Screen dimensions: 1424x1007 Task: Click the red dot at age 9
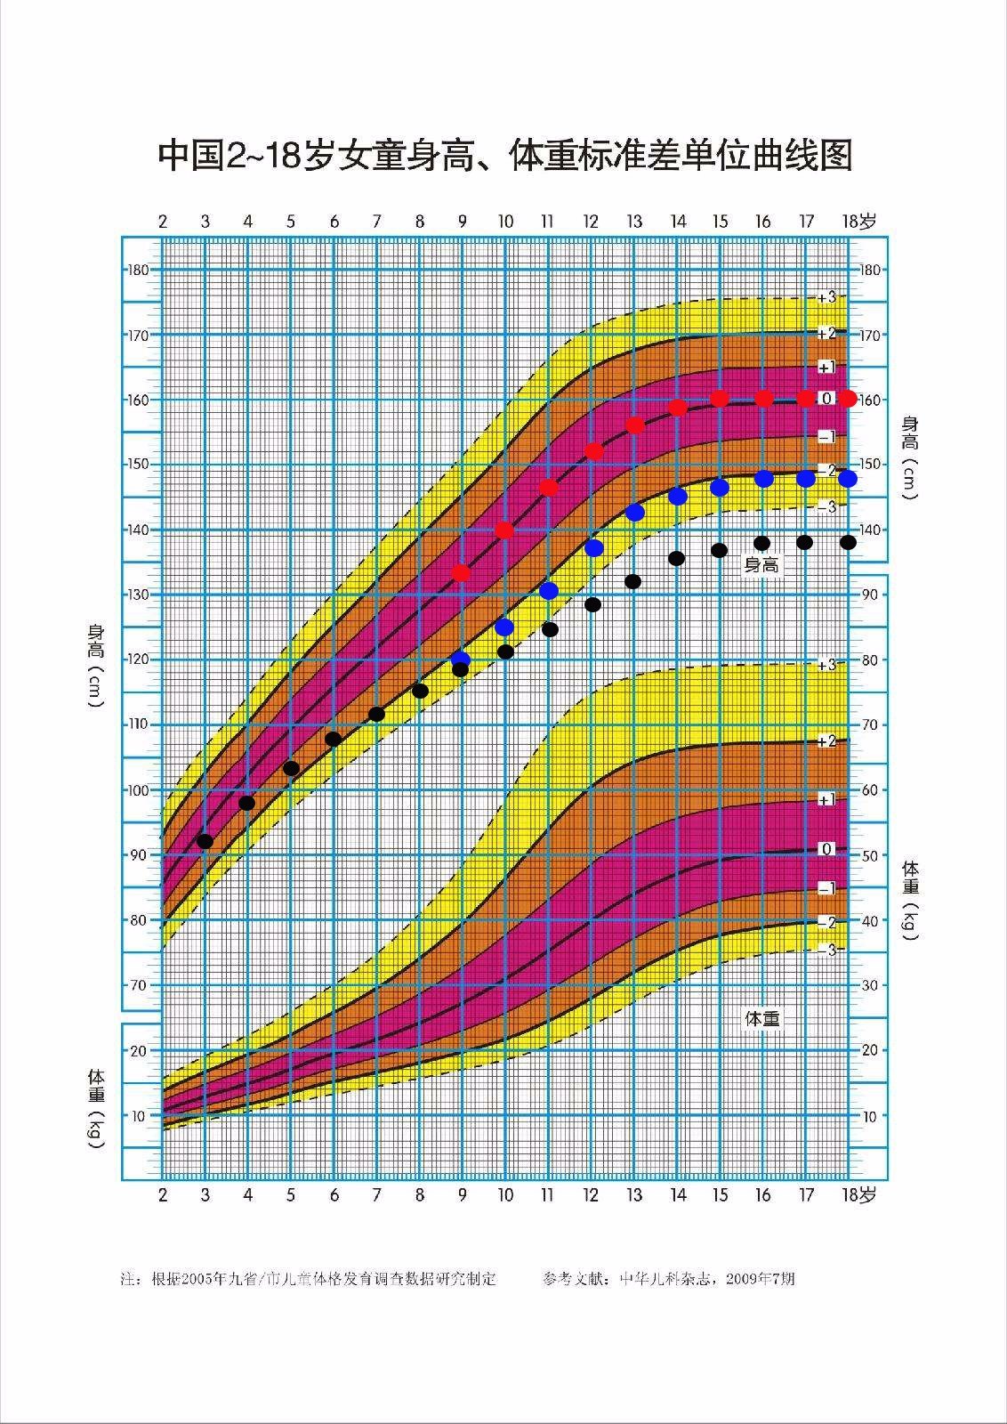461,573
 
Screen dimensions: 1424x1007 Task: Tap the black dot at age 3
205,841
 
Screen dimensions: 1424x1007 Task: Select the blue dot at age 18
848,479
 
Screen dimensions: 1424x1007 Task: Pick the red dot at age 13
635,425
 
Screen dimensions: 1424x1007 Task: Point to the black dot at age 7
376,714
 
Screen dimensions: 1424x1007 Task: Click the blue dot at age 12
593,548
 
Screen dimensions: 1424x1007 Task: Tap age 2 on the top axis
163,222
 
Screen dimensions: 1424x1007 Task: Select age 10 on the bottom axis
505,1195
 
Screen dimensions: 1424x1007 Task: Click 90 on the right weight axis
869,595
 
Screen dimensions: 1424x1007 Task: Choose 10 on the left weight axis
139,1116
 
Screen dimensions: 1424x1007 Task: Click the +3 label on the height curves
827,297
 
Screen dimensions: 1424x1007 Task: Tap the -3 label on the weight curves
827,951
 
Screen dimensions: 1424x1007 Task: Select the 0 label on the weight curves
826,849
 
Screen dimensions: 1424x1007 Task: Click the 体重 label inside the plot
762,1018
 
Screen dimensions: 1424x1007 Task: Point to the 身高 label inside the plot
761,565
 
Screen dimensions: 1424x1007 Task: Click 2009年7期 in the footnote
760,1279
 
